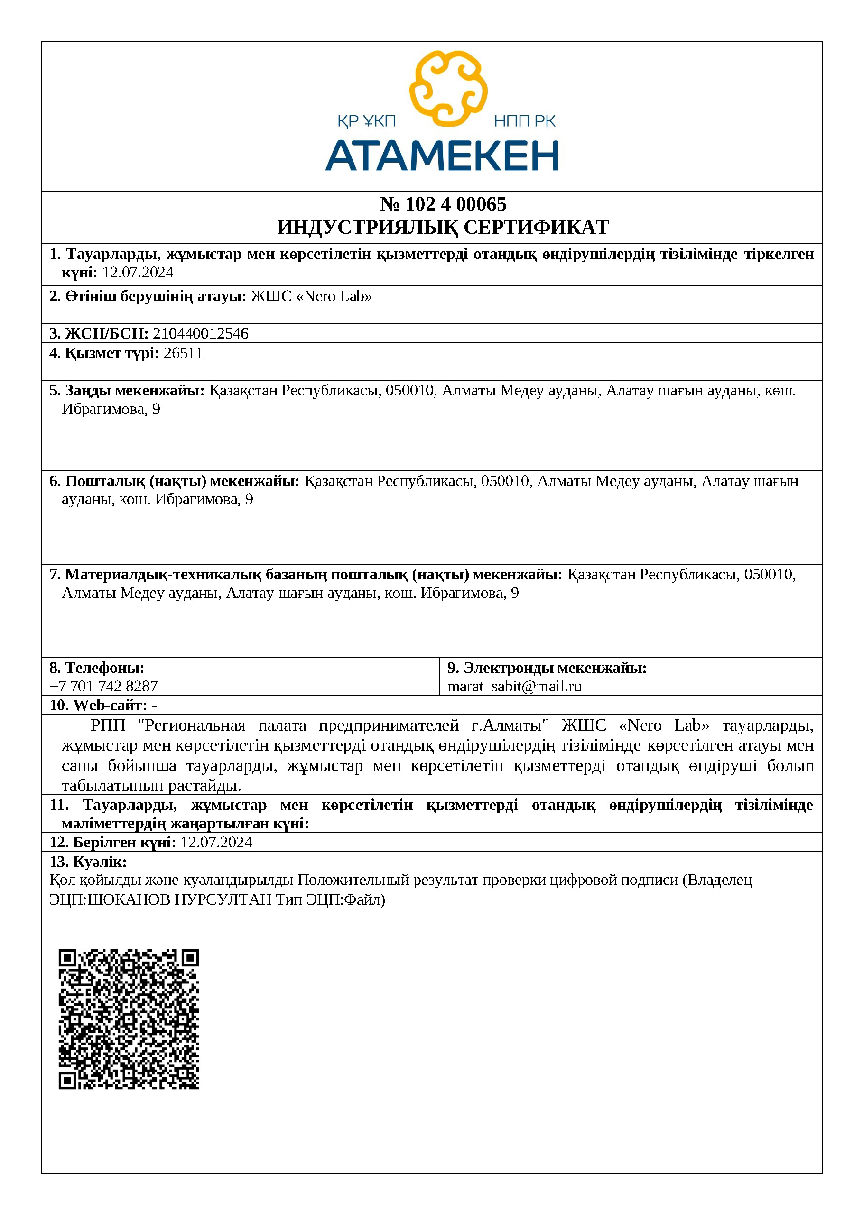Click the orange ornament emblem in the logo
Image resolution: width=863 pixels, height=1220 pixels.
[x=448, y=88]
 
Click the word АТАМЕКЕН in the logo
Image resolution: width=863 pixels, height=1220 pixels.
[x=442, y=156]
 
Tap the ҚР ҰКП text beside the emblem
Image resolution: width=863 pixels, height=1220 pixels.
[x=366, y=122]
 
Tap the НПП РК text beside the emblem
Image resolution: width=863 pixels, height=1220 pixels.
[x=524, y=122]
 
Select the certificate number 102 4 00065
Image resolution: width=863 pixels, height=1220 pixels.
[x=455, y=204]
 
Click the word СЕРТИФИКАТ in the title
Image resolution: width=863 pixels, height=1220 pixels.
[x=537, y=228]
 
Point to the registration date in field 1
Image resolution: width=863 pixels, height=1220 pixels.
[x=138, y=273]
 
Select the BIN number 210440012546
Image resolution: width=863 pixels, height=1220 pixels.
[x=201, y=334]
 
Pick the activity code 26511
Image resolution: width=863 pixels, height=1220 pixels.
[x=184, y=353]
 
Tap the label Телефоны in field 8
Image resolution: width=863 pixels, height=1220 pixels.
[x=104, y=668]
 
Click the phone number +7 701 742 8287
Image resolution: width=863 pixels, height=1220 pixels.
[x=104, y=687]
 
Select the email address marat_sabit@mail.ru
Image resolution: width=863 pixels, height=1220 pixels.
[x=514, y=687]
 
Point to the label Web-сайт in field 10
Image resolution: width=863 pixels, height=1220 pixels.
[x=110, y=706]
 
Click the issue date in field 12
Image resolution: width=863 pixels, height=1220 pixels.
[x=216, y=843]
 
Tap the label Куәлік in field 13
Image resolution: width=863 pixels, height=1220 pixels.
[x=100, y=862]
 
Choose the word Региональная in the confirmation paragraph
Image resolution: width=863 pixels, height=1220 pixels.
[x=195, y=726]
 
